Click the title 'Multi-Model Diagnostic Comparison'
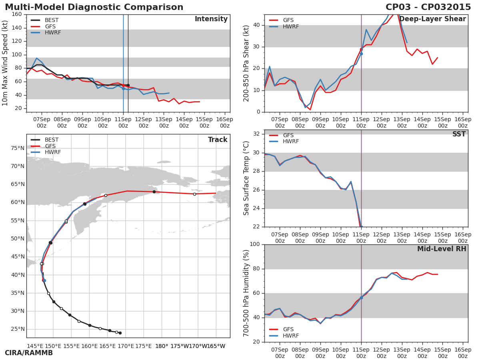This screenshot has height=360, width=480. (x=94, y=7)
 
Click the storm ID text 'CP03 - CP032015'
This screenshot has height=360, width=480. (x=428, y=7)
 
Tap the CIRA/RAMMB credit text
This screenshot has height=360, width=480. (x=29, y=353)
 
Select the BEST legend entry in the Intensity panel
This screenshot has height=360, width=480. (x=51, y=20)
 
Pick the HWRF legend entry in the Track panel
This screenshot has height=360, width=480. (x=53, y=152)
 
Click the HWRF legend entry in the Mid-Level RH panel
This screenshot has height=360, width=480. (x=291, y=336)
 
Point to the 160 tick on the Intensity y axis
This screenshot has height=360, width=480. (x=16, y=14)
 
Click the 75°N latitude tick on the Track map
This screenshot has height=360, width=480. (x=17, y=148)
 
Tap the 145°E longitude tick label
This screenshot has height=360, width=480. (x=35, y=346)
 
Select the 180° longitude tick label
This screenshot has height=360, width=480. (x=162, y=346)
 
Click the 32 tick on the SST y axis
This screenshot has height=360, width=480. (x=256, y=134)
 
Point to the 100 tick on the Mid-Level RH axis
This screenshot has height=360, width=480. (x=254, y=244)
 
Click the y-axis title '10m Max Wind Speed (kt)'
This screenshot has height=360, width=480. (x=6, y=63)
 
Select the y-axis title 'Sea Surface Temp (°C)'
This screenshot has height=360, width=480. (x=246, y=178)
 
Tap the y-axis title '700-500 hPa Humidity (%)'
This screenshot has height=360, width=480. (x=246, y=293)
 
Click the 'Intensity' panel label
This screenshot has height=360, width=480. (x=211, y=19)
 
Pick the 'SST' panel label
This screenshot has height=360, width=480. (x=459, y=134)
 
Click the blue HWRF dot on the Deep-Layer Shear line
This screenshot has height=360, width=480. (x=361, y=54)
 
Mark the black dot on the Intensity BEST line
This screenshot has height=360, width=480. (x=128, y=85)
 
